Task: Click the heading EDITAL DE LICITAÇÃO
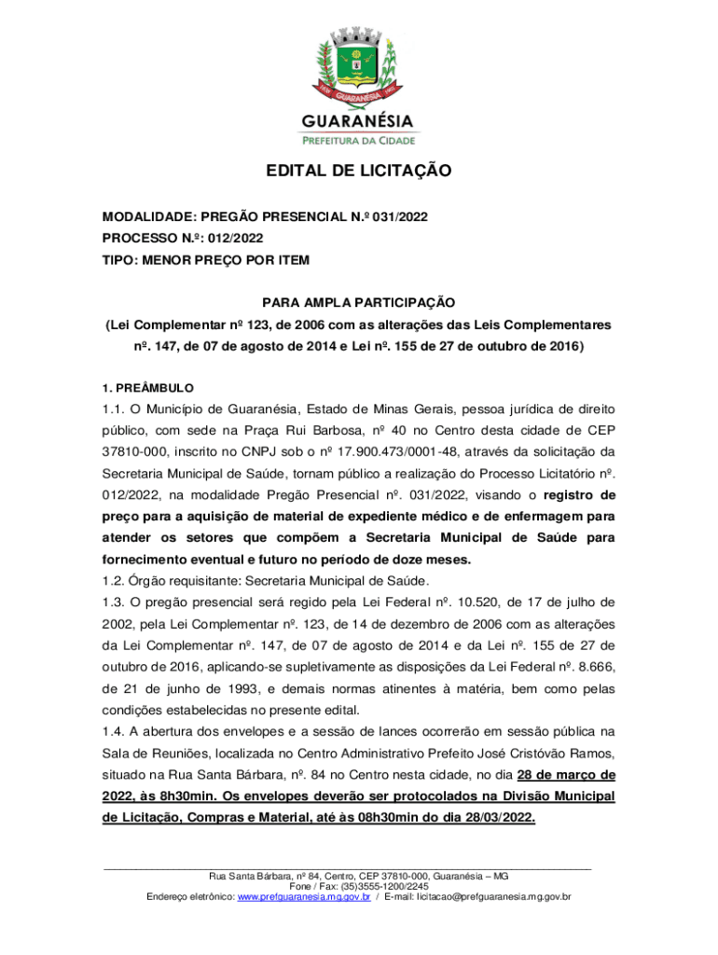click(359, 171)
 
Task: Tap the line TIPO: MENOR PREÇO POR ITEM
click(205, 259)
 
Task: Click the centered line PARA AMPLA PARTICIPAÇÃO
click(358, 303)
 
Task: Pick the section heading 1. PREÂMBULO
click(148, 387)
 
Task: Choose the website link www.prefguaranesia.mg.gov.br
click(304, 897)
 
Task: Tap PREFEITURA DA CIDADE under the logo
click(358, 139)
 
